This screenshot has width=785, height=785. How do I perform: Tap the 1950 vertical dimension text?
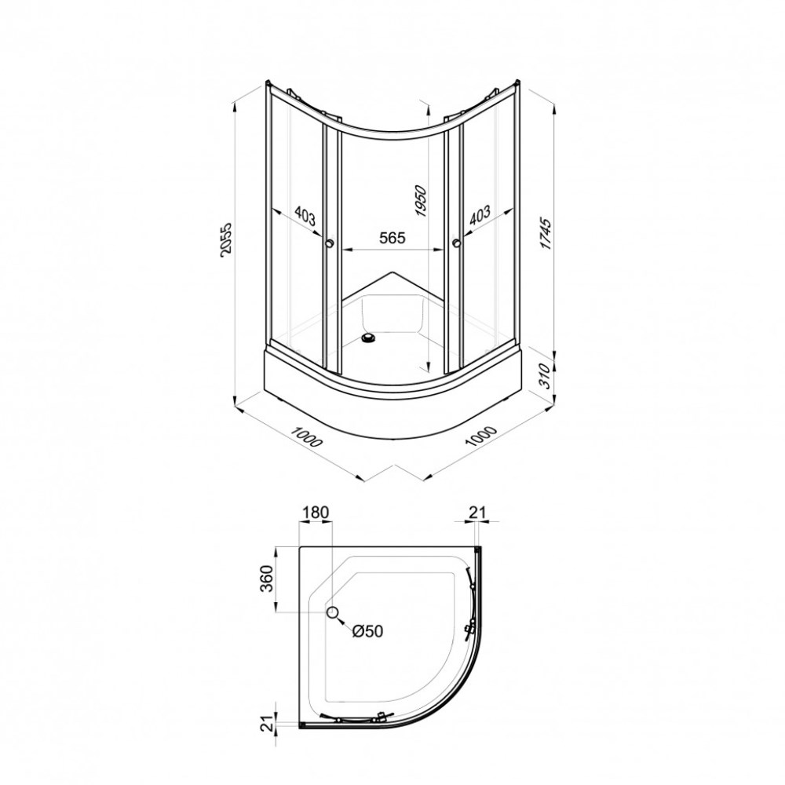(x=421, y=201)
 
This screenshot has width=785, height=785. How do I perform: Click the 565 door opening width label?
(x=392, y=237)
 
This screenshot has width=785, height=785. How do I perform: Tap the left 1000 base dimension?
(x=307, y=436)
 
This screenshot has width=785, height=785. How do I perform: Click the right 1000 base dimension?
(x=480, y=436)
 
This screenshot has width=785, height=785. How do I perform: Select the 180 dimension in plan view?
(x=316, y=513)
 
